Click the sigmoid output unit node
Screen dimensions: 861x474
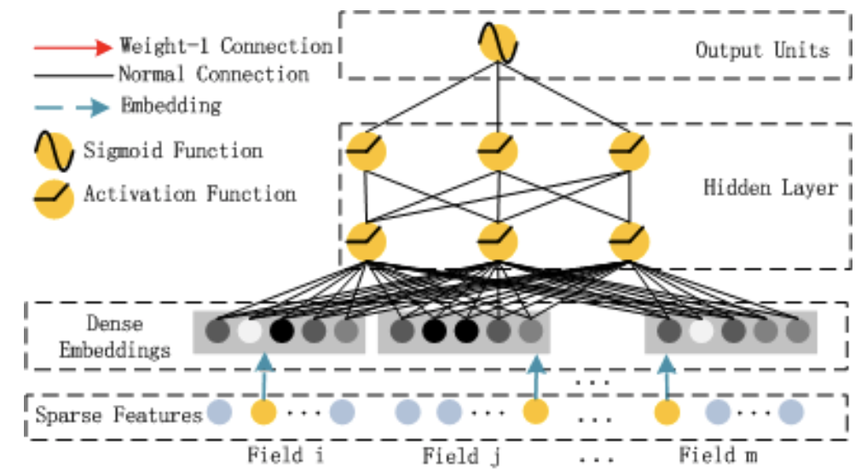(x=498, y=43)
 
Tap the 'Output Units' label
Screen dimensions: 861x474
(x=762, y=50)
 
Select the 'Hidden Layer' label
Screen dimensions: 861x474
(x=771, y=188)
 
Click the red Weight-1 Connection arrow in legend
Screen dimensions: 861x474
(x=73, y=47)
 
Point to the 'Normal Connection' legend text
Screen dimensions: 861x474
(x=214, y=74)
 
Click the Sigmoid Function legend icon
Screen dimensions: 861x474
(x=55, y=151)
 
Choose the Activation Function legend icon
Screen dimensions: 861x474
(x=55, y=199)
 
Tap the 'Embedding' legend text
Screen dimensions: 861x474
(x=171, y=105)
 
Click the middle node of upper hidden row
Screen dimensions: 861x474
(x=498, y=151)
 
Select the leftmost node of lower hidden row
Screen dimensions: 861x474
(x=367, y=241)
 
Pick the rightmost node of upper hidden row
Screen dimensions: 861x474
(x=630, y=151)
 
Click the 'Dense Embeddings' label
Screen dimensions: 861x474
(x=115, y=336)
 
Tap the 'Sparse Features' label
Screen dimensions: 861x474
(x=118, y=414)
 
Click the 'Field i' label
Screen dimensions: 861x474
(x=285, y=454)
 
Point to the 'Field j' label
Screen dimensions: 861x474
(x=461, y=456)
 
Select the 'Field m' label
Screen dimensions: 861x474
(x=719, y=454)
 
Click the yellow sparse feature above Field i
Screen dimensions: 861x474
(x=263, y=412)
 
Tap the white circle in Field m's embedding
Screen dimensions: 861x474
(x=701, y=331)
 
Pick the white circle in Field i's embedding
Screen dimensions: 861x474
(x=249, y=331)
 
